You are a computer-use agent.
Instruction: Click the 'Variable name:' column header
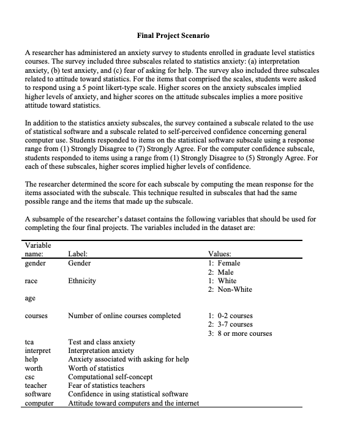pos(36,249)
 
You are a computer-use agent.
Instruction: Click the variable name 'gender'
pos(35,263)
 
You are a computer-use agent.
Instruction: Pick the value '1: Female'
pos(224,263)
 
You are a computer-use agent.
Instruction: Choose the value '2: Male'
pos(221,272)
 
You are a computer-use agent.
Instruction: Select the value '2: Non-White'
pos(230,289)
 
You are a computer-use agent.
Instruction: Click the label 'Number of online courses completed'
pos(124,316)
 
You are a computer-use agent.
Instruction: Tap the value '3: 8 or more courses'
pos(240,333)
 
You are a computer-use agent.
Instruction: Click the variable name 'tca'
pos(29,342)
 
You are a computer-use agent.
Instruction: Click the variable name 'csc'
pos(29,377)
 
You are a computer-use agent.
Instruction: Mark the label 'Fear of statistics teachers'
pos(107,385)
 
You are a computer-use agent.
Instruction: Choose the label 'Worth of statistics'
pos(96,368)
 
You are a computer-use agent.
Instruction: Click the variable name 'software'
pos(37,395)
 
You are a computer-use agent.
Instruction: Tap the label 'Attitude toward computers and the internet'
pos(133,403)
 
